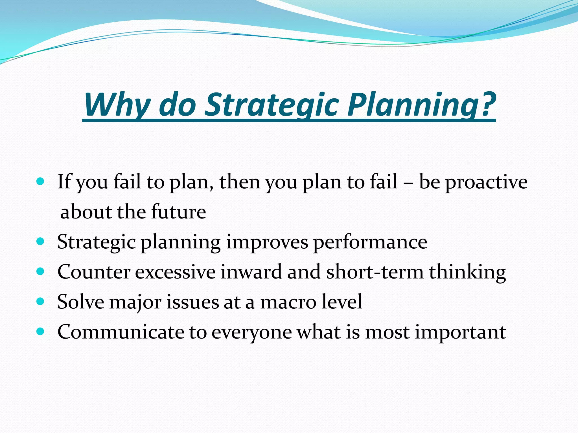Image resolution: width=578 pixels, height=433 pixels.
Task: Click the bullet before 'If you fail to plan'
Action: point(41,181)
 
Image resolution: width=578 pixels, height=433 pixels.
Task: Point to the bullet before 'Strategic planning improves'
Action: point(41,241)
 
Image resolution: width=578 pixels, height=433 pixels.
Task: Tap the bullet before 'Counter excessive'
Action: point(41,271)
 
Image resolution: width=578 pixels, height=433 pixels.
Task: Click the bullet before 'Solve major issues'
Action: point(41,301)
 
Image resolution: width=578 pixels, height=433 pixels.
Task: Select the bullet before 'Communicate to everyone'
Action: point(41,332)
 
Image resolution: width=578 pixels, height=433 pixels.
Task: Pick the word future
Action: point(178,212)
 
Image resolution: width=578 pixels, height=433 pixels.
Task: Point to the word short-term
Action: point(375,272)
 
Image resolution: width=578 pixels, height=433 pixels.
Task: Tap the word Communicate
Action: point(121,332)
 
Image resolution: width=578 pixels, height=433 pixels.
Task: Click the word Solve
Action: point(81,302)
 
